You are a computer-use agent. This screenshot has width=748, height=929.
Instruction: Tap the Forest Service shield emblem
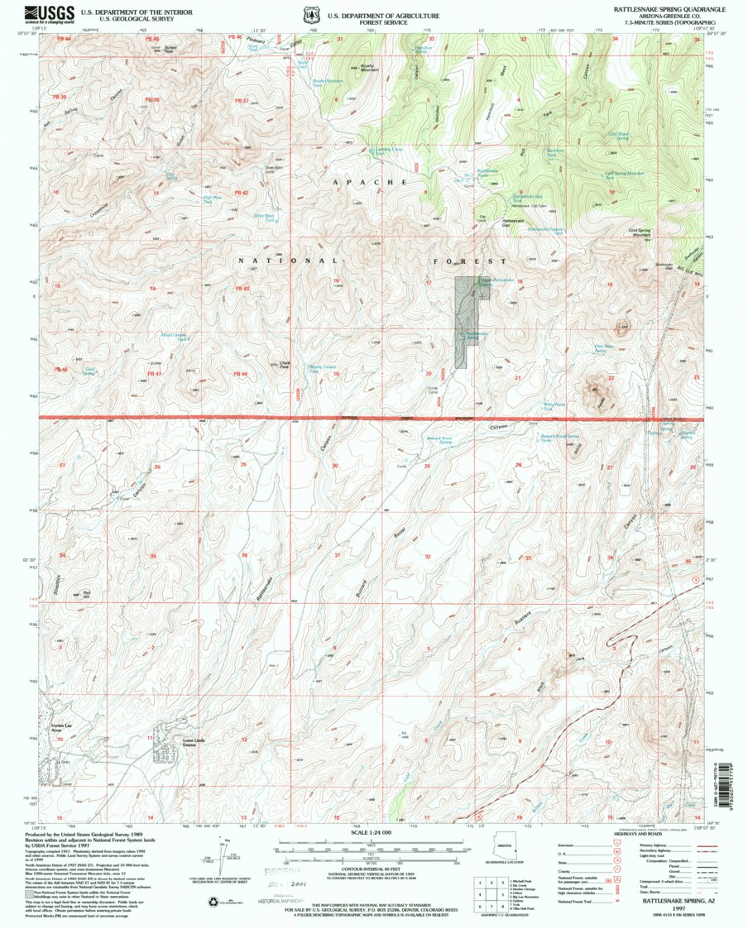click(311, 14)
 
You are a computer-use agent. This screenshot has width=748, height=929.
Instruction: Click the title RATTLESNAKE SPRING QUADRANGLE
click(669, 7)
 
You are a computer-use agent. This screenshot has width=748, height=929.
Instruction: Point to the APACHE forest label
click(370, 180)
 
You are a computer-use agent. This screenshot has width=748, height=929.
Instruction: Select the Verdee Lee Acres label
click(51, 730)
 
